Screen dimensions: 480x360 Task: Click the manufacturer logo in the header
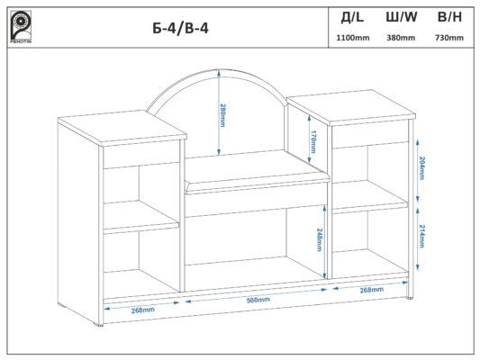(x=21, y=27)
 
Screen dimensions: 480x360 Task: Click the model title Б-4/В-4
(x=181, y=29)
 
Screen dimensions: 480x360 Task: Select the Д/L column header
(x=353, y=18)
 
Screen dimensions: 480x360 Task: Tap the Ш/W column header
(x=402, y=17)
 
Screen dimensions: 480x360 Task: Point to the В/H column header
(x=449, y=17)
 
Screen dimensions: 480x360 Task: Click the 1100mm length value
(x=353, y=38)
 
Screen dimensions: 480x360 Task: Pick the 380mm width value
(x=401, y=38)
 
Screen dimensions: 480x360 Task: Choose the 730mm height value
(x=449, y=38)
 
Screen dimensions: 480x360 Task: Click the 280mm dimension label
(x=222, y=115)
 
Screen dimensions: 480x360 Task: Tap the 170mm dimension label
(x=313, y=141)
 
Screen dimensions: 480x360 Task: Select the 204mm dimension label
(x=422, y=168)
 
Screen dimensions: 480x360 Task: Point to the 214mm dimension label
(x=422, y=236)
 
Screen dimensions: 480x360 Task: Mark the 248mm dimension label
(x=319, y=239)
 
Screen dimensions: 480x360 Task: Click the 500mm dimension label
(x=258, y=300)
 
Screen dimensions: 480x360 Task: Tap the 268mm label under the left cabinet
(x=143, y=310)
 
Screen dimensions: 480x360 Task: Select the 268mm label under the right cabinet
(x=372, y=290)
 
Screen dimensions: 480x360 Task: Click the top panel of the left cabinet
(x=122, y=129)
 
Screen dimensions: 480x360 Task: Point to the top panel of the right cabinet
(x=351, y=107)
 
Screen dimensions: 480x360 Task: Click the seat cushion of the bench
(x=257, y=173)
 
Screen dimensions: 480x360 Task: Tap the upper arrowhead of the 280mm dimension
(x=219, y=74)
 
